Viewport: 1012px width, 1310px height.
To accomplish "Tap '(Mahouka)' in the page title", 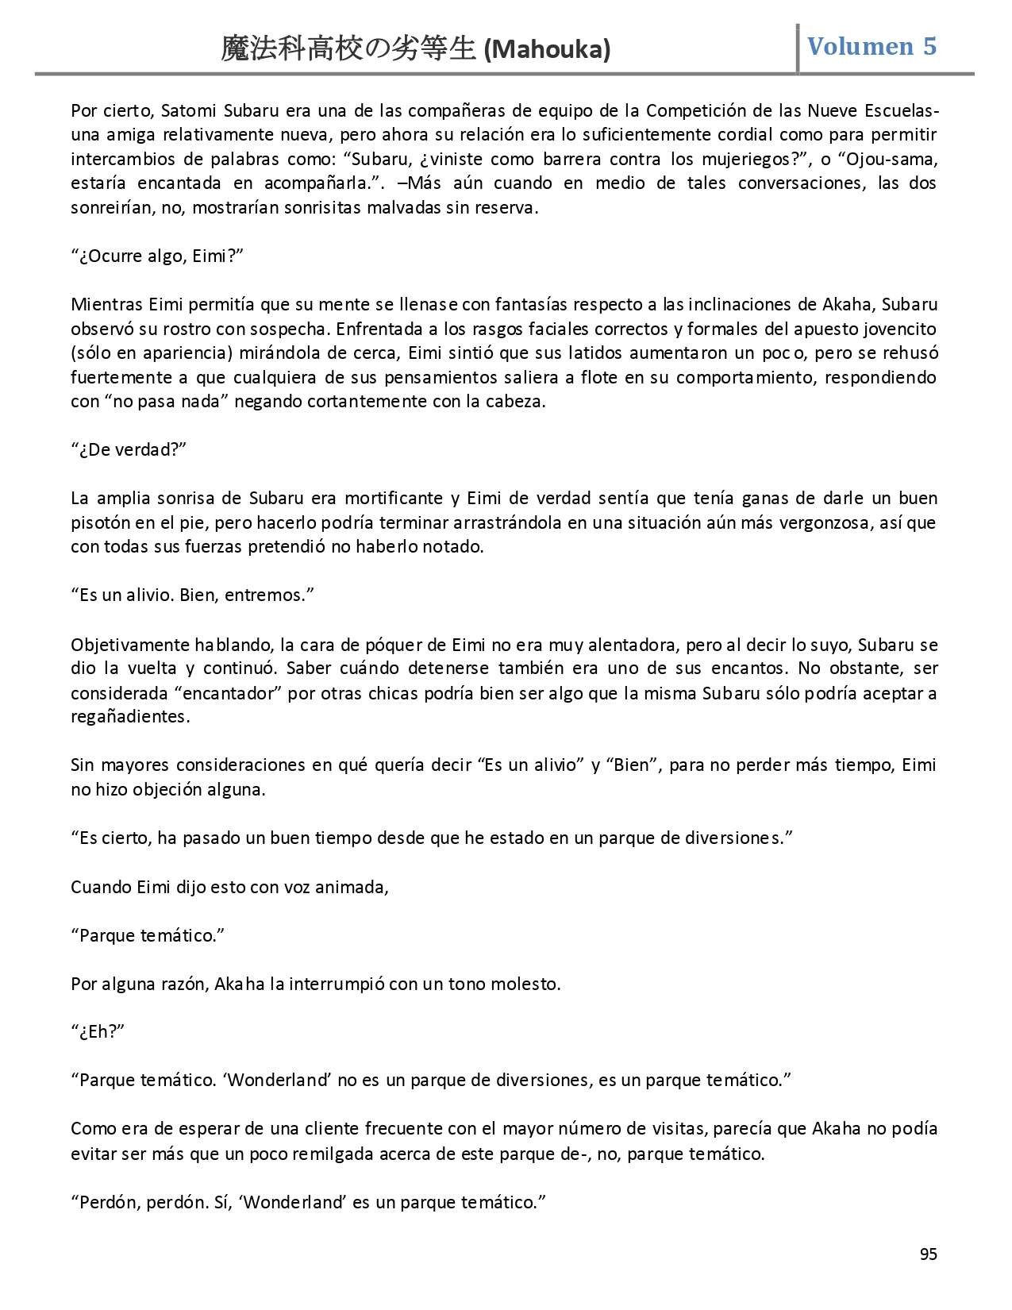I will pos(547,49).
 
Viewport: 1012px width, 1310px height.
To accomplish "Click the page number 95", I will pos(928,1254).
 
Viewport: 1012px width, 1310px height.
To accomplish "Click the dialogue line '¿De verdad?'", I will pos(129,450).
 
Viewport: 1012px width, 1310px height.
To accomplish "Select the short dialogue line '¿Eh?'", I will pos(99,1032).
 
